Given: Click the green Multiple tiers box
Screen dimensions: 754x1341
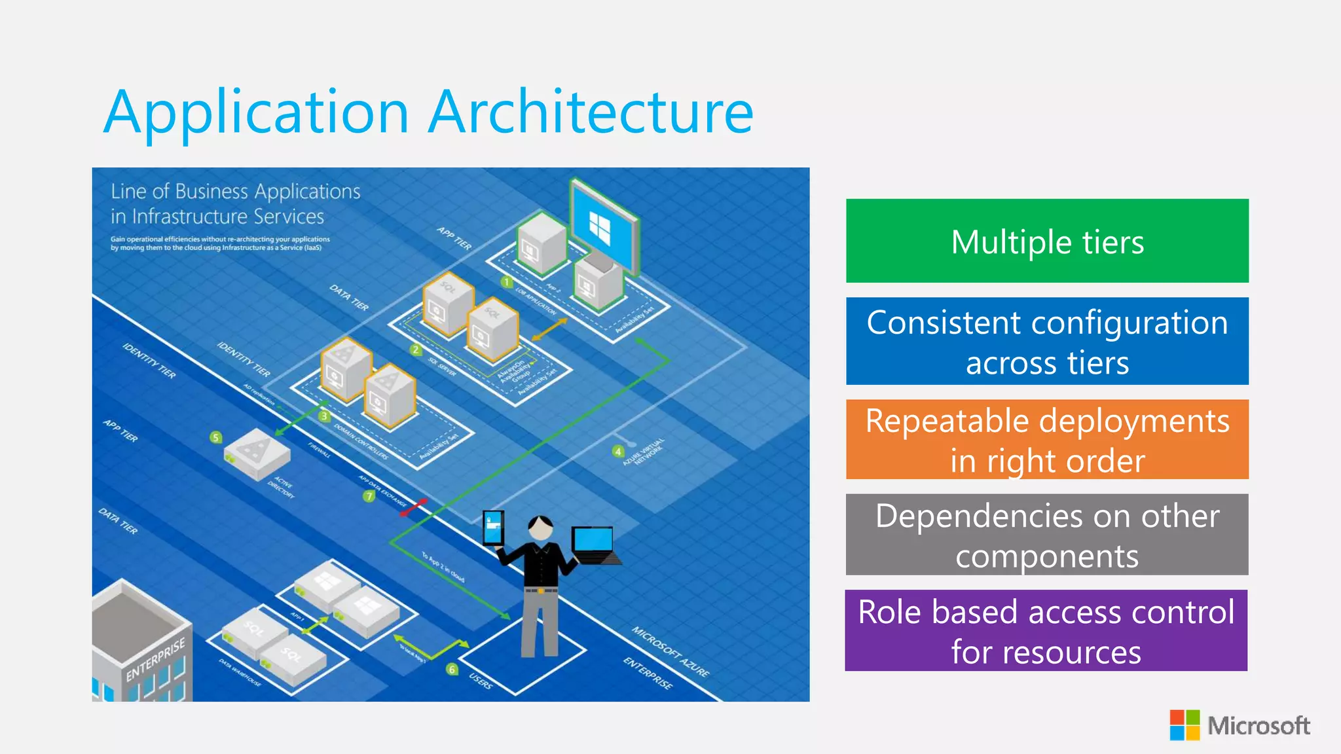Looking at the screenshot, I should pyautogui.click(x=1047, y=241).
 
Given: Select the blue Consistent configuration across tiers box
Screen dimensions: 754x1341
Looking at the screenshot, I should pyautogui.click(x=1047, y=341).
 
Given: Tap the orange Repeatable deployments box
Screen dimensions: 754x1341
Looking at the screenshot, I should pyautogui.click(x=1047, y=439).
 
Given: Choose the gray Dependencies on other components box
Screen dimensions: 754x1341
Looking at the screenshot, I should pyautogui.click(x=1047, y=535).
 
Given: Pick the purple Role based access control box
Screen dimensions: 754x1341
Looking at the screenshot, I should pyautogui.click(x=1046, y=630).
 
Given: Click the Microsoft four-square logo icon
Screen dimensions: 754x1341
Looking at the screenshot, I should pyautogui.click(x=1185, y=725).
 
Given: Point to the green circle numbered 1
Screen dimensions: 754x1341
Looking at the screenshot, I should pyautogui.click(x=506, y=282).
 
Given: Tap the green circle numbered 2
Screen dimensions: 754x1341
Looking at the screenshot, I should pyautogui.click(x=415, y=350).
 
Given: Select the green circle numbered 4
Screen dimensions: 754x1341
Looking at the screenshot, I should pyautogui.click(x=617, y=452).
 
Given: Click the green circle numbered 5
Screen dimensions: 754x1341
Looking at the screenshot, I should pyautogui.click(x=216, y=437).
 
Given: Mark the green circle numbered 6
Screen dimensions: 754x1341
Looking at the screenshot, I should pyautogui.click(x=452, y=669).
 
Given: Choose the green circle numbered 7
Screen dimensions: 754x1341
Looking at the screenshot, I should pyautogui.click(x=369, y=496).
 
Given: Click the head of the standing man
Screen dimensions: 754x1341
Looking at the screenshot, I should pyautogui.click(x=541, y=528).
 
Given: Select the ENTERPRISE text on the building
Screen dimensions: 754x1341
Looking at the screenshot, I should pyautogui.click(x=156, y=660).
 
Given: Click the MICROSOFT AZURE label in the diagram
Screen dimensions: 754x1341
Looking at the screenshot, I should pyautogui.click(x=670, y=651).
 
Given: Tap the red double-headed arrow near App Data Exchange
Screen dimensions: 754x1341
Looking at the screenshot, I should pyautogui.click(x=414, y=507).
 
